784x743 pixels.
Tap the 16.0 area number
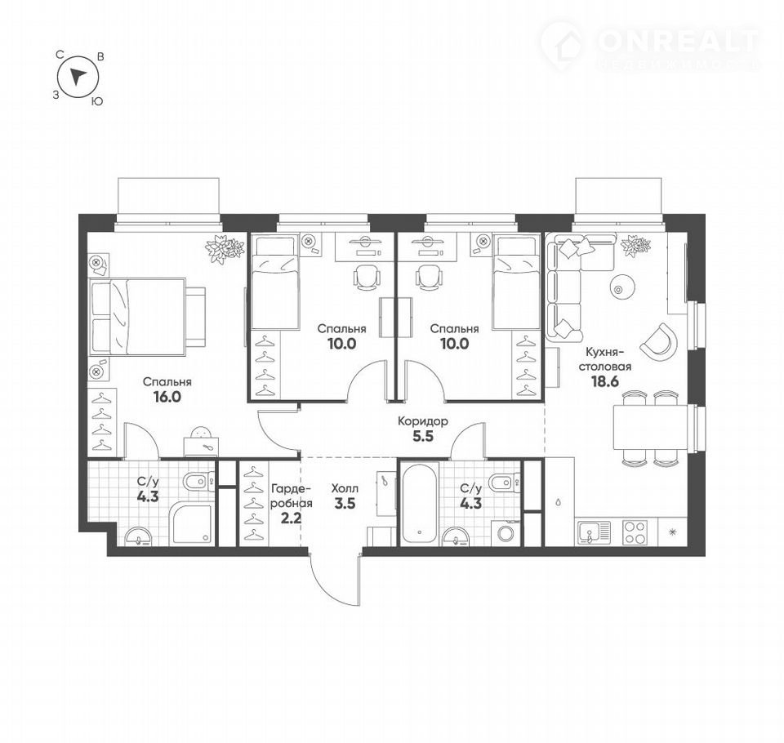coord(167,397)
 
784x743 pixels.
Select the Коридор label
coord(422,421)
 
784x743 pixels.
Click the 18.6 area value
coord(605,381)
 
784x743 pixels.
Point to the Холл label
coord(345,488)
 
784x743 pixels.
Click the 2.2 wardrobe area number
coord(291,518)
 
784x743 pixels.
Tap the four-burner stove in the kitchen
coord(635,532)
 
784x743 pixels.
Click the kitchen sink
coord(594,532)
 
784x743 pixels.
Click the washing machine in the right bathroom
coord(506,532)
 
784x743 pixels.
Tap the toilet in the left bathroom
coord(198,483)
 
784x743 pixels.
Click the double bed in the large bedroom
coord(137,316)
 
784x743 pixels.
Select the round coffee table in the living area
coord(622,288)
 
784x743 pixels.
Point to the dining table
coord(649,427)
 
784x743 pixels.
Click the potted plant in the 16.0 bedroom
coord(225,248)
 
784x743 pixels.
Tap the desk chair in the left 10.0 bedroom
coord(367,277)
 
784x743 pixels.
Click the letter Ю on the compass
coord(97,101)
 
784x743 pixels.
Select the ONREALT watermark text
coord(678,41)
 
